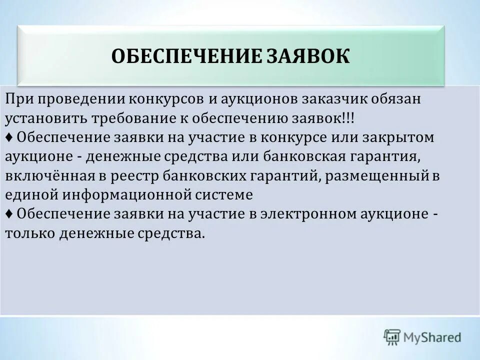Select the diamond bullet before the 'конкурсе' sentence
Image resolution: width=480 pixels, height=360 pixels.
point(9,138)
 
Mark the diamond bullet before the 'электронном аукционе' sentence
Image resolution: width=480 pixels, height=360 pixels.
point(9,213)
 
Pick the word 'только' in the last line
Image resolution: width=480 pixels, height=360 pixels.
point(30,233)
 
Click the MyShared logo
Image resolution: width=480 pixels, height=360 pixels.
point(422,336)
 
